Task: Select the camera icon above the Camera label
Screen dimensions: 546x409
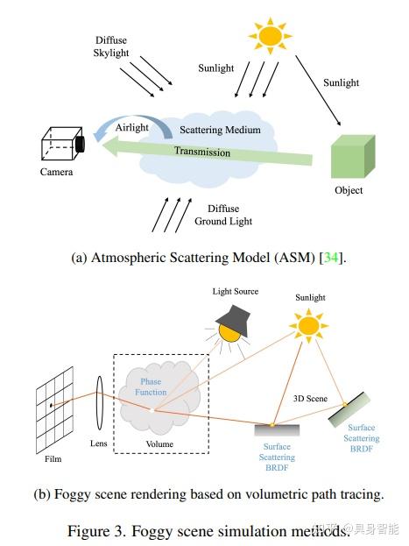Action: pyautogui.click(x=62, y=143)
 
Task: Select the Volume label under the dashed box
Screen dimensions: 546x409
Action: pyautogui.click(x=160, y=444)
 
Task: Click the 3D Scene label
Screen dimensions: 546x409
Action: pyautogui.click(x=310, y=397)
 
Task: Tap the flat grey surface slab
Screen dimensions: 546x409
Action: pyautogui.click(x=277, y=429)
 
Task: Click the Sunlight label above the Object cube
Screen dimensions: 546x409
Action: pyautogui.click(x=341, y=83)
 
